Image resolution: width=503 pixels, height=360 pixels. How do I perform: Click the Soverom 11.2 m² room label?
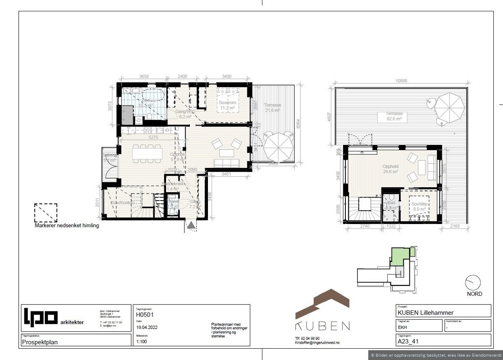pos(228,105)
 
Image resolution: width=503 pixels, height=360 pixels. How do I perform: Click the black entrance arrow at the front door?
pos(192,226)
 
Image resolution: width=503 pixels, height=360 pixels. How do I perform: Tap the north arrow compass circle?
pos(473,282)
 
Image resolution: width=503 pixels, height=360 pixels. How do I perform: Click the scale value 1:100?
pos(142,342)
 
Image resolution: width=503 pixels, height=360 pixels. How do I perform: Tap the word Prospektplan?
pos(40,342)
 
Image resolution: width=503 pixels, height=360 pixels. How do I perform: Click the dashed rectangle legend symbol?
pos(46,213)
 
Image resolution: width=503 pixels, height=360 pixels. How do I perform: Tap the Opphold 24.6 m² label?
pos(390,169)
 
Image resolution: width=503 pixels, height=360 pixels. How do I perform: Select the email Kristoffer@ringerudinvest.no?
pos(317,343)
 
